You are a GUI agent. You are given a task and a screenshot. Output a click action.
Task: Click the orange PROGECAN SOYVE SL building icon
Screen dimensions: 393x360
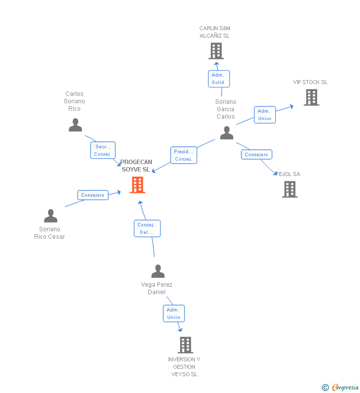click(x=137, y=185)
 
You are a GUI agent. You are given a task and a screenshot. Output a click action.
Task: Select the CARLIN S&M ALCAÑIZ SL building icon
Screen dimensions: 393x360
click(x=216, y=51)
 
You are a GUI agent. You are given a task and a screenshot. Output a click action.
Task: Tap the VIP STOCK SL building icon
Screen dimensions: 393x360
click(x=311, y=97)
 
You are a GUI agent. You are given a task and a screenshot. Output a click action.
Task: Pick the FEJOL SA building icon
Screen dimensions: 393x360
click(x=290, y=189)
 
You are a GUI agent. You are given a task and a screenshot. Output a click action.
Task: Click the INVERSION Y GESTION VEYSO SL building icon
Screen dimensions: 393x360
click(x=185, y=345)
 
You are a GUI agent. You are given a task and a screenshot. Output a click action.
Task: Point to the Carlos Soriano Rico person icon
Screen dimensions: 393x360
click(x=75, y=125)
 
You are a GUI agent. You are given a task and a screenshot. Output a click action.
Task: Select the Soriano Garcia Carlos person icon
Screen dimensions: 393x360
click(x=226, y=132)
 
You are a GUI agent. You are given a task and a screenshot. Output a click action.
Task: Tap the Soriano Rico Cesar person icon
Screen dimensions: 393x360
click(x=50, y=216)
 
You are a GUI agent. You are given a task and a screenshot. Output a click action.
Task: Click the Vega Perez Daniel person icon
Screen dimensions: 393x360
click(x=158, y=271)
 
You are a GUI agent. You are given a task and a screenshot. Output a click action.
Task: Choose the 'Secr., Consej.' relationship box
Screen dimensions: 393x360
click(x=103, y=150)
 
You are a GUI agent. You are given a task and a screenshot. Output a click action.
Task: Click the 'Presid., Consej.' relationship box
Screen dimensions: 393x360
click(x=183, y=155)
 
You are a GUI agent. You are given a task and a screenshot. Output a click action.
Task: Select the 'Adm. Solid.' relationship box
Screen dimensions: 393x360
click(x=219, y=79)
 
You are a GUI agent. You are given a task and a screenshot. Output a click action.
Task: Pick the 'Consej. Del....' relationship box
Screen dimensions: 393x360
click(x=147, y=228)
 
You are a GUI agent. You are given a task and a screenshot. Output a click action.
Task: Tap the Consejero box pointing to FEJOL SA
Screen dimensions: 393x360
click(x=257, y=155)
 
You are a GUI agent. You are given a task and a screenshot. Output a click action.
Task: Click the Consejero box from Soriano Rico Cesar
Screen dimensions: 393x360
click(x=93, y=195)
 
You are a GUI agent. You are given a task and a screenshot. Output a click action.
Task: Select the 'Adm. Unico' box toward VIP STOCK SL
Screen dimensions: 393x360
click(x=265, y=115)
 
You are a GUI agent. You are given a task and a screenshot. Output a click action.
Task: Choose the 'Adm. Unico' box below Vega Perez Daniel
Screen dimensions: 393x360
click(x=174, y=313)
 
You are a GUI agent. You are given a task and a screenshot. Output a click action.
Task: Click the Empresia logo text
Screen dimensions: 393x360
click(x=345, y=387)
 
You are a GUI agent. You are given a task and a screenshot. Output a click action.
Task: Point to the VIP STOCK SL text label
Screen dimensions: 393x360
click(x=310, y=82)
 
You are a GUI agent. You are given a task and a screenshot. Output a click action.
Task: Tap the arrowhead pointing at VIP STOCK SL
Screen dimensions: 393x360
click(x=292, y=105)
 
